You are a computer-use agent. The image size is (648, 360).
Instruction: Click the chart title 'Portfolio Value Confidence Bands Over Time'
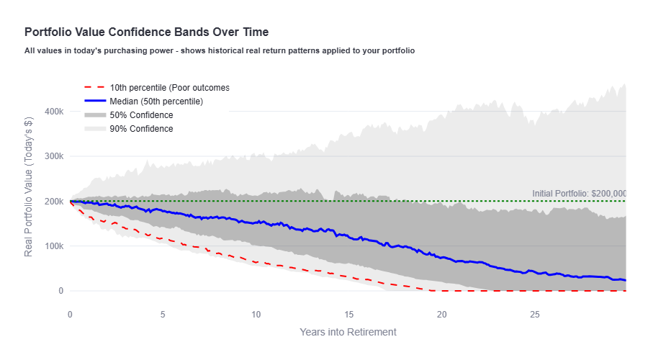146,32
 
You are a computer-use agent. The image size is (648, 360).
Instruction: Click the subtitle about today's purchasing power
219,51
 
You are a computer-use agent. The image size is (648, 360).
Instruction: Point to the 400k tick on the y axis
53,112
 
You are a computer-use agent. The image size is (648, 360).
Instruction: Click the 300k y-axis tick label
53,156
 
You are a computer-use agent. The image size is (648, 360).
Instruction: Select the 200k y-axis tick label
53,202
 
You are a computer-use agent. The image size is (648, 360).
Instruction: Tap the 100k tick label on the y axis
53,246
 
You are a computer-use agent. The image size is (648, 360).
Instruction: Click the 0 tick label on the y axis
60,291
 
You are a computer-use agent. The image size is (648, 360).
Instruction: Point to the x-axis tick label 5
163,315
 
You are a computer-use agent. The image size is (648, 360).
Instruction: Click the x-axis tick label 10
256,315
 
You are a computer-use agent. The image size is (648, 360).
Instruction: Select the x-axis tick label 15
348,315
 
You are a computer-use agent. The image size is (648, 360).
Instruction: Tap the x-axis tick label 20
442,315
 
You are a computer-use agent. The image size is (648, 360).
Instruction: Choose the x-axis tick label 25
535,315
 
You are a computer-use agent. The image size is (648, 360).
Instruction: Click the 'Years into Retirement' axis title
348,332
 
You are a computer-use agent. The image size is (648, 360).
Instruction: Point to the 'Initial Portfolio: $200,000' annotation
579,194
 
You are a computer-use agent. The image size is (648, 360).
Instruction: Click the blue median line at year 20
442,257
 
